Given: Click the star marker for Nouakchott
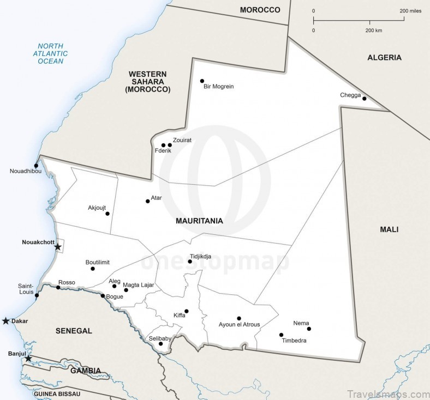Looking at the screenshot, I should [58, 247].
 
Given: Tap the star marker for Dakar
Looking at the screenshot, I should [6, 321].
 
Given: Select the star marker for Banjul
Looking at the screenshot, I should [28, 358].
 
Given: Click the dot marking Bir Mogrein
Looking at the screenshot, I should [202, 81].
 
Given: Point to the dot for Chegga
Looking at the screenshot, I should [364, 99].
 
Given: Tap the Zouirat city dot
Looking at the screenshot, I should [170, 145].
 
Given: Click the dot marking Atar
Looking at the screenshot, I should [147, 201].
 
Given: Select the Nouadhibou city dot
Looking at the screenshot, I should [36, 166].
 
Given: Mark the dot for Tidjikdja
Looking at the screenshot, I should [189, 262].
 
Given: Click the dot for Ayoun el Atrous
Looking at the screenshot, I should [238, 318].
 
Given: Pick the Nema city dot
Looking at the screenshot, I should [308, 329].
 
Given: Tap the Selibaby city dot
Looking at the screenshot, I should [160, 344].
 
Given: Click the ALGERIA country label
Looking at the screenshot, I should [384, 57].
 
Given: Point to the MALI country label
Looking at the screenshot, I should [389, 229].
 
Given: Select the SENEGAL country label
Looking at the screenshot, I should [74, 331].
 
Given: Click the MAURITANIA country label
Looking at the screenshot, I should [199, 221].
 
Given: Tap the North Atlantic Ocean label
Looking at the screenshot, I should [51, 53].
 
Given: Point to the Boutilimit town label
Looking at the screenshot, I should [98, 262].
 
